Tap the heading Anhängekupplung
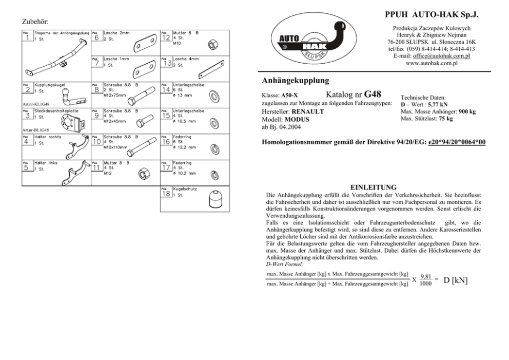[x=295, y=81]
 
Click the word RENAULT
[x=307, y=111]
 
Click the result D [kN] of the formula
[x=456, y=280]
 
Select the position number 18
[x=166, y=194]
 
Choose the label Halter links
[x=46, y=163]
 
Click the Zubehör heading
[x=35, y=22]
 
